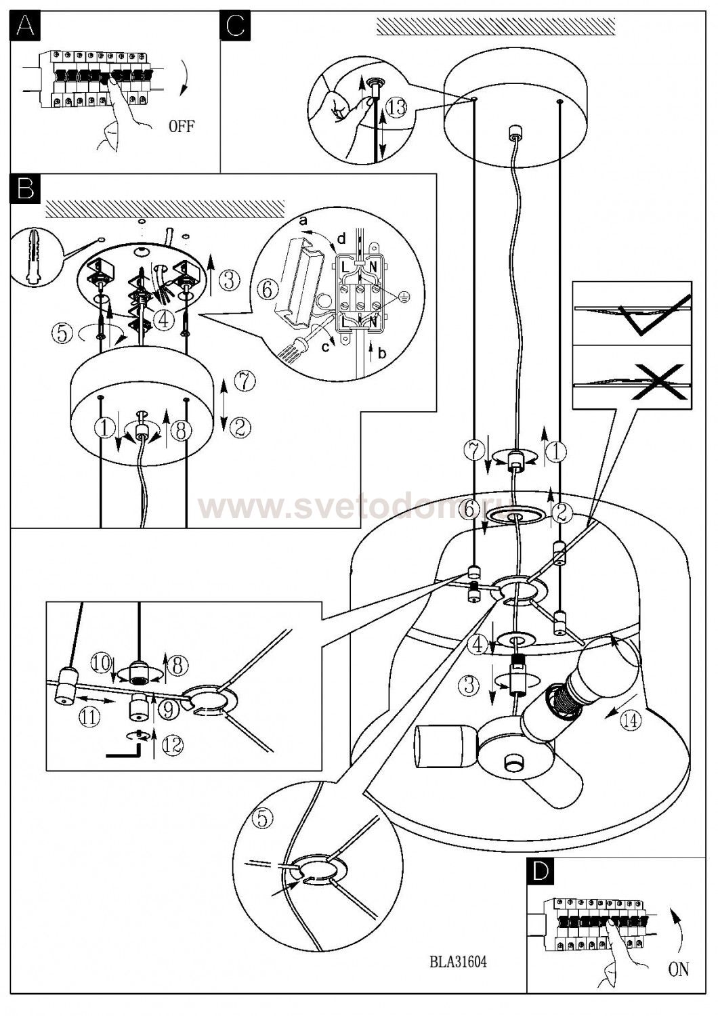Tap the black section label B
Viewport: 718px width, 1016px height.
point(25,188)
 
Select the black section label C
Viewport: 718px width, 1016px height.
point(235,26)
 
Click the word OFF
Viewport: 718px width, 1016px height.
point(181,127)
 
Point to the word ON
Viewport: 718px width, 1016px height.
point(678,969)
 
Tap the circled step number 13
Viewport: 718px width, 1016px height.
point(398,106)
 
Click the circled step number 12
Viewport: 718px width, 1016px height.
point(172,744)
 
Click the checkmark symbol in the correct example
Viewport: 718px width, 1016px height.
point(654,316)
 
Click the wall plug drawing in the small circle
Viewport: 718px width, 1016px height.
point(34,257)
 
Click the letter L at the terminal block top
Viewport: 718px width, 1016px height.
point(345,268)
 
